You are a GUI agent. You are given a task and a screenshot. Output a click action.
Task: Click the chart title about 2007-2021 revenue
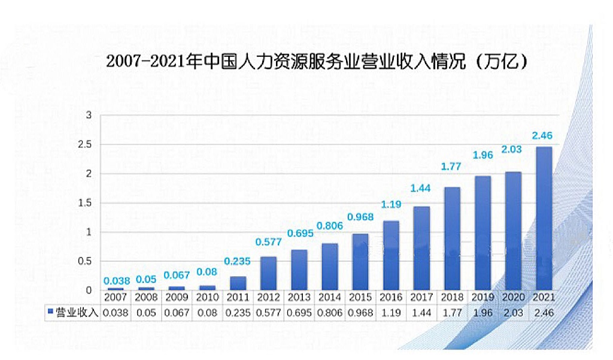point(317,62)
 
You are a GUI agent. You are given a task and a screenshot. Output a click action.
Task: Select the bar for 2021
point(544,219)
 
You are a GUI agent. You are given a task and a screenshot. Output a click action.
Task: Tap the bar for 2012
point(268,274)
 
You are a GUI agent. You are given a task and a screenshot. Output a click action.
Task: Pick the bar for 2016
point(391,256)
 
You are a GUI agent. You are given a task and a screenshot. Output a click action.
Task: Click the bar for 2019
point(483,233)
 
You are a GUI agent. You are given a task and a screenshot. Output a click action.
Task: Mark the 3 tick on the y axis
point(89,115)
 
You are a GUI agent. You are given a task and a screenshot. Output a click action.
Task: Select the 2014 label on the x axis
point(329,298)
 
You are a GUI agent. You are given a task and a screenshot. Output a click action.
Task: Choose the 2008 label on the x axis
point(145,298)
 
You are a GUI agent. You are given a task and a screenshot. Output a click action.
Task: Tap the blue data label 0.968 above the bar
point(360,216)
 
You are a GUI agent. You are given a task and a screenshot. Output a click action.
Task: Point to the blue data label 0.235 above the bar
point(238,261)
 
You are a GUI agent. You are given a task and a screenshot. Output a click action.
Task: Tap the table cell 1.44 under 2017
point(421,312)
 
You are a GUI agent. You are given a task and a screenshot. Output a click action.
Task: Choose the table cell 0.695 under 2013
point(299,312)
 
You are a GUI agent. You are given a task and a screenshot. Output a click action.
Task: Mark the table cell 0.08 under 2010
point(207,312)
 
